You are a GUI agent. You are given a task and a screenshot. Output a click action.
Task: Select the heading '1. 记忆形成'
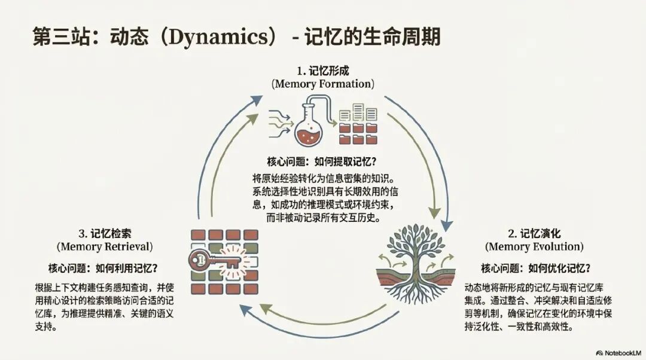(x=323, y=71)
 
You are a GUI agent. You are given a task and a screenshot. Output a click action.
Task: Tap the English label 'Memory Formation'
(x=323, y=84)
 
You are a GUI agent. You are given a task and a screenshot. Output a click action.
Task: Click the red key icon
(x=206, y=261)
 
